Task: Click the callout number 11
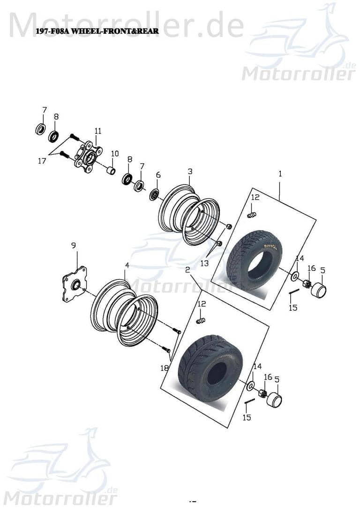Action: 97,131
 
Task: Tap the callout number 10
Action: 115,154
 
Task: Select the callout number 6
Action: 158,175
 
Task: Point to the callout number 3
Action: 190,171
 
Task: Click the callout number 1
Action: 280,173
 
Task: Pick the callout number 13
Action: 204,263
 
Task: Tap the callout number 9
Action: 73,245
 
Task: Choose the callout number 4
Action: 127,265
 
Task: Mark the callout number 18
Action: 164,368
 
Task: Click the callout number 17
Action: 42,161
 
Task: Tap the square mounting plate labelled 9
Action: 75,284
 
